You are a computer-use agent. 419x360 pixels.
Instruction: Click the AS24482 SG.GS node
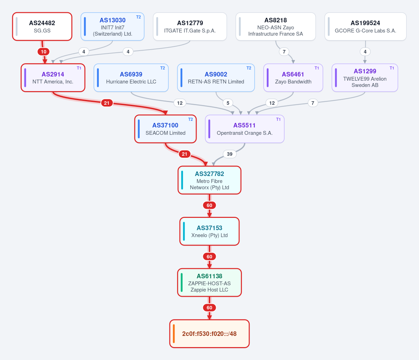pyautogui.click(x=42, y=27)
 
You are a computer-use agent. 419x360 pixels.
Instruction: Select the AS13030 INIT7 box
pyautogui.click(x=112, y=27)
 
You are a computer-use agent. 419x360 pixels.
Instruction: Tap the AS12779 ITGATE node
pyautogui.click(x=190, y=27)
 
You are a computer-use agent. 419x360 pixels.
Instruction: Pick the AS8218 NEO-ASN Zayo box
pyautogui.click(x=276, y=27)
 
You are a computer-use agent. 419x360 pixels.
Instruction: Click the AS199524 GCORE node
pyautogui.click(x=366, y=27)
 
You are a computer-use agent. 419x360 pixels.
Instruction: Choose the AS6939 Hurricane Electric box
pyautogui.click(x=131, y=78)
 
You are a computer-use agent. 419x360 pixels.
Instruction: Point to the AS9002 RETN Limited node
pyautogui.click(x=216, y=78)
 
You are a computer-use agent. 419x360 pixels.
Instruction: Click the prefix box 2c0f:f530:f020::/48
pyautogui.click(x=209, y=334)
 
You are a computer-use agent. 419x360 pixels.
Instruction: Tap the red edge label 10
pyautogui.click(x=44, y=52)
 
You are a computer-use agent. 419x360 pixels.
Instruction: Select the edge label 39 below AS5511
pyautogui.click(x=230, y=154)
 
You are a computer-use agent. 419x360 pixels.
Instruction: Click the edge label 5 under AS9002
pyautogui.click(x=228, y=103)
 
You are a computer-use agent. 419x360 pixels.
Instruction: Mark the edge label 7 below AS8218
pyautogui.click(x=284, y=52)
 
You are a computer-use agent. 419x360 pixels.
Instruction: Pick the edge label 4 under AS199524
pyautogui.click(x=365, y=52)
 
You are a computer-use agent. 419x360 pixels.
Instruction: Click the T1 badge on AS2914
pyautogui.click(x=79, y=68)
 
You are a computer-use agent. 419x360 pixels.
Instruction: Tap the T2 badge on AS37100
pyautogui.click(x=191, y=119)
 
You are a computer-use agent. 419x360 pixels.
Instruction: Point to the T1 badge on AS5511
pyautogui.click(x=278, y=119)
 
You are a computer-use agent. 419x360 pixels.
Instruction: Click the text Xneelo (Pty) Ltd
pyautogui.click(x=209, y=235)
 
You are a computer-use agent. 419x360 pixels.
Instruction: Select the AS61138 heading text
pyautogui.click(x=209, y=276)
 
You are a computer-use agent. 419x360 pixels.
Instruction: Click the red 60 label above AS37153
pyautogui.click(x=209, y=205)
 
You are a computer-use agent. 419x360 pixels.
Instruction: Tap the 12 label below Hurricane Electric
pyautogui.click(x=180, y=103)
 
